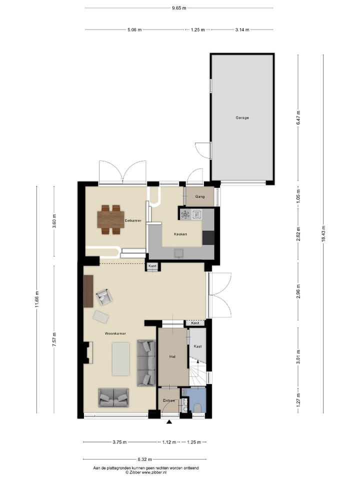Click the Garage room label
242,118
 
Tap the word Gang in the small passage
199,196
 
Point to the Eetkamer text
133,220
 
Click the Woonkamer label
115,333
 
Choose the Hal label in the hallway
172,356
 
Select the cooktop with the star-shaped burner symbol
185,215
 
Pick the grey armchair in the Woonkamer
104,297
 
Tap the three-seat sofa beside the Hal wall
146,362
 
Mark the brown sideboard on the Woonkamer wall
88,290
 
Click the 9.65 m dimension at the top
178,8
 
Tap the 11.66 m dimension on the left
36,299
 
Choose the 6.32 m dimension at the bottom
145,458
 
